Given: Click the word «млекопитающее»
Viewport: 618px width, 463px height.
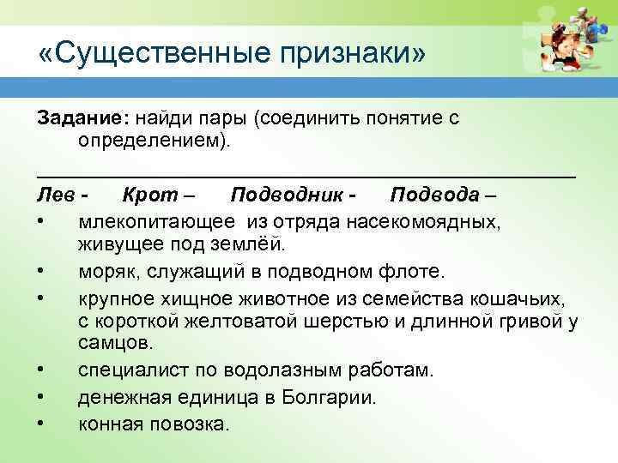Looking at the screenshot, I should (155, 224).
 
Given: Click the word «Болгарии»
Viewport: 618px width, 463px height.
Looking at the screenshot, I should (333, 398).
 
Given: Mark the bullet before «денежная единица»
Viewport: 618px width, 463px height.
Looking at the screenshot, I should (41, 398).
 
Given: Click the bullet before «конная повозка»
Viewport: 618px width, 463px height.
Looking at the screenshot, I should (41, 424).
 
